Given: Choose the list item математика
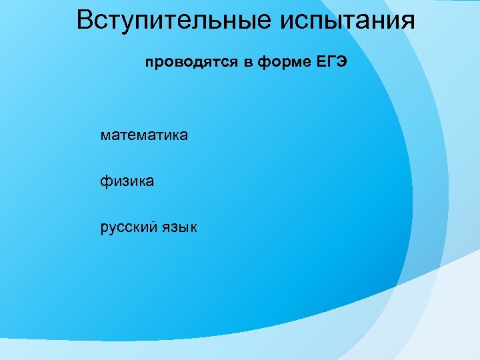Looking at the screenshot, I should [144, 135].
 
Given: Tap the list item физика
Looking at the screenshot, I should [127, 181].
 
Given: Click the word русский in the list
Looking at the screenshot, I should [129, 227].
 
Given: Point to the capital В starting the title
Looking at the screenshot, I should [85, 20].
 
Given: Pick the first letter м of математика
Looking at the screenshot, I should [105, 136].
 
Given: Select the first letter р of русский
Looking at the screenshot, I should [104, 227].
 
